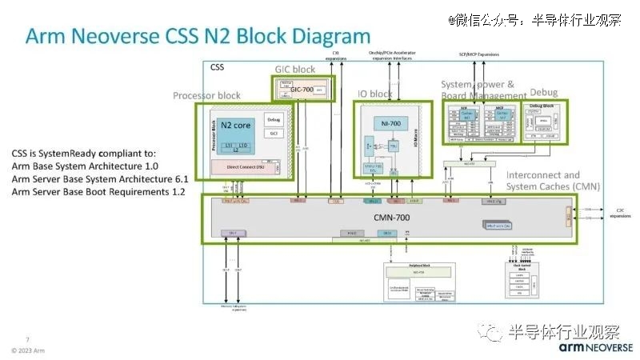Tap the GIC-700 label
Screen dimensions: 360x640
(302, 90)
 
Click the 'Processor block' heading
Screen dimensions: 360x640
(206, 96)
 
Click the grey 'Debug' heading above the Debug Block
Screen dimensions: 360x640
(544, 93)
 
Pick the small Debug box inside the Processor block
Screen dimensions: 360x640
(273, 119)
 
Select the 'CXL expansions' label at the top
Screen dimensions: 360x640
(336, 55)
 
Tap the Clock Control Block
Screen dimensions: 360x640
(526, 281)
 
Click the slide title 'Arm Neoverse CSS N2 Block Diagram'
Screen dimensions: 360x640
(198, 37)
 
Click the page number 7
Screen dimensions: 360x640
(28, 338)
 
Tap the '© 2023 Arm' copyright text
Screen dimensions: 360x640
(28, 350)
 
